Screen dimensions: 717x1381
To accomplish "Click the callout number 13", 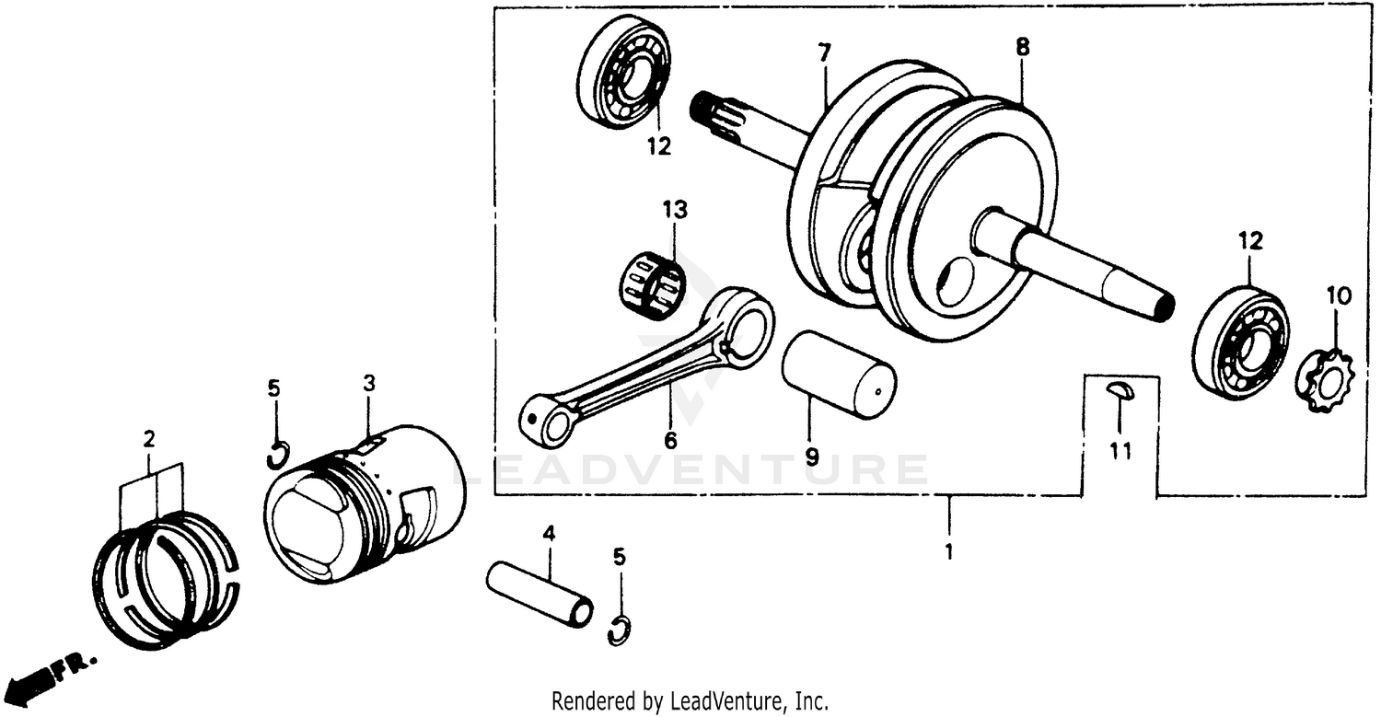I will click(674, 211).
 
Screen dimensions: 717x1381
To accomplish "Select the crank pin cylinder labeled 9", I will click(837, 376).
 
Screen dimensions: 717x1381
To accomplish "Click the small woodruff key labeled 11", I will click(1121, 390).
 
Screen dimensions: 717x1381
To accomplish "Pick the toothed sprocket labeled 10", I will click(1323, 377).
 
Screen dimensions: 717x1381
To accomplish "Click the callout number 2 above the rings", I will click(149, 440).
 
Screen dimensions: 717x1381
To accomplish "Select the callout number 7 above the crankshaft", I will click(823, 53).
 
